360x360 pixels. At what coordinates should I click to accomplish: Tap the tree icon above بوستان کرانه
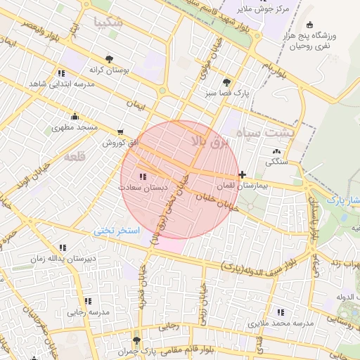108,59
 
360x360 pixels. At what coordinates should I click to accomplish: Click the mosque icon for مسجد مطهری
75,116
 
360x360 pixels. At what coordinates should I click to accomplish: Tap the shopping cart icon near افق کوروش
121,131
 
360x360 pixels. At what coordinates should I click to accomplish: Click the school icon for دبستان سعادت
143,176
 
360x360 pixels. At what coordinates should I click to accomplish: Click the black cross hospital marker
243,174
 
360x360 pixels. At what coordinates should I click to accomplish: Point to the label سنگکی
275,162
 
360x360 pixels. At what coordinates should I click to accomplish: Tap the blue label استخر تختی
118,231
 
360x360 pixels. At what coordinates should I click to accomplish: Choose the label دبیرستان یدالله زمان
62,259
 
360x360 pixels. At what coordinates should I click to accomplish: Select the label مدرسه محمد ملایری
282,323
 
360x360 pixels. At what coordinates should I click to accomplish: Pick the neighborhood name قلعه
74,157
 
